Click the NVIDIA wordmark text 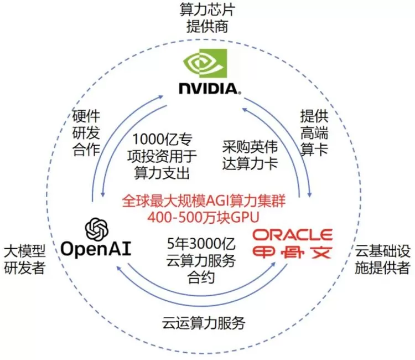[x=209, y=88]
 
